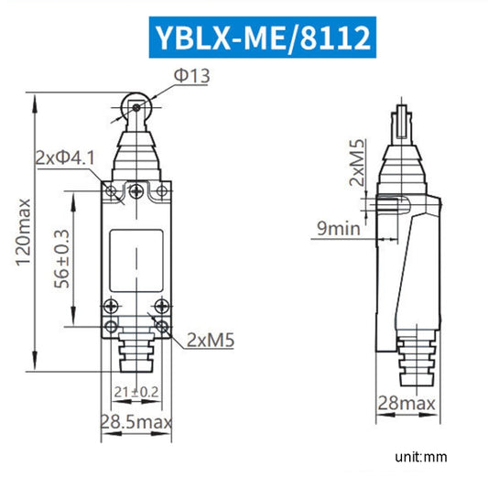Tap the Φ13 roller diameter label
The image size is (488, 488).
pyautogui.click(x=193, y=77)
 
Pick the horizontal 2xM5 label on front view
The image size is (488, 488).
pyautogui.click(x=211, y=341)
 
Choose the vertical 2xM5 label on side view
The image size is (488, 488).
pyautogui.click(x=358, y=162)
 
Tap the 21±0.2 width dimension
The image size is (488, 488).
pyautogui.click(x=136, y=393)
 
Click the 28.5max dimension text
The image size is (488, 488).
pyautogui.click(x=136, y=422)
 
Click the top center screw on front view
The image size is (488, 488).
pyautogui.click(x=136, y=190)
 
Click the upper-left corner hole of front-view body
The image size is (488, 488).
pyautogui.click(x=111, y=190)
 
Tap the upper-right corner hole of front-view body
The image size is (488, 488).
pyautogui.click(x=161, y=190)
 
